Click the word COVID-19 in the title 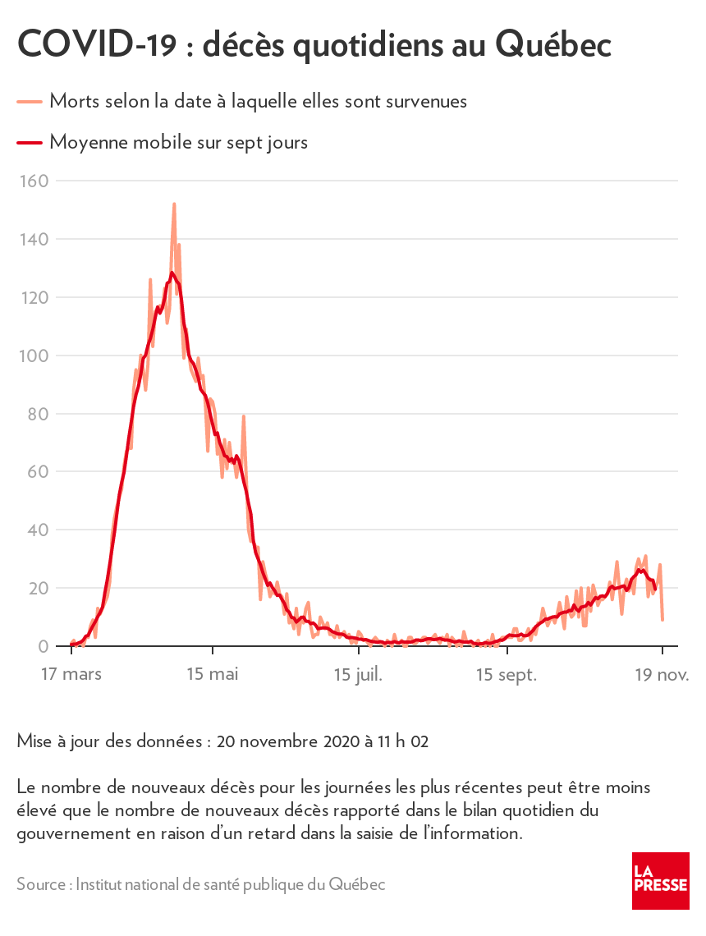[96, 45]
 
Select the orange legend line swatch [29, 102]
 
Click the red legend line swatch [29, 143]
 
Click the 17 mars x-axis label [71, 675]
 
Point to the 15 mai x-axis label [213, 675]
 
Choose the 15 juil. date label [359, 675]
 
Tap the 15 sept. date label [507, 675]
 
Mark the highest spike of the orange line [174, 204]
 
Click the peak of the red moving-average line [172, 273]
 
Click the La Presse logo [660, 880]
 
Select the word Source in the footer [41, 885]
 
